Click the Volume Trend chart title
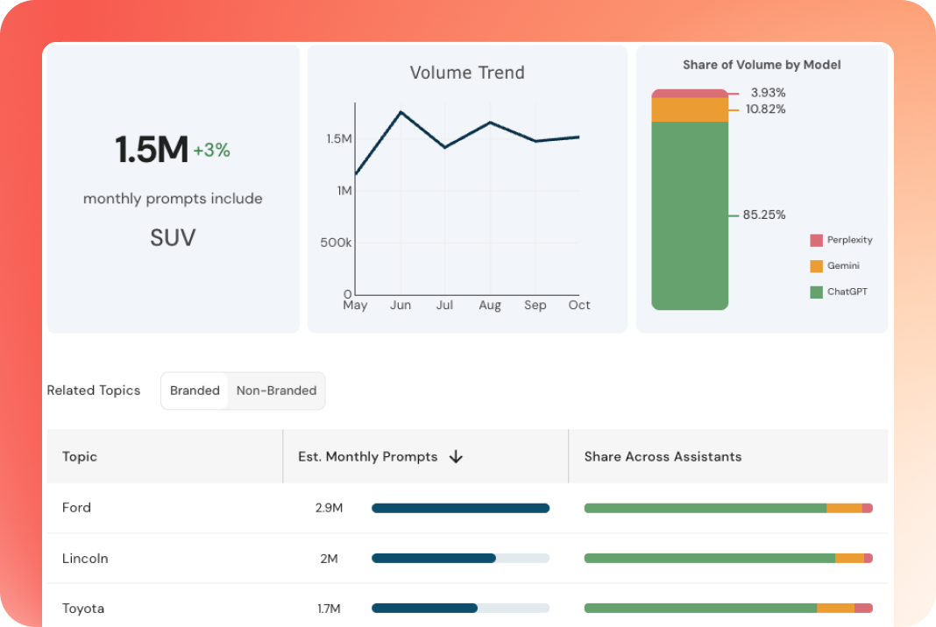point(467,73)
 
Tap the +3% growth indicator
point(211,151)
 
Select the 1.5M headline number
point(152,151)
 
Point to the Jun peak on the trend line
point(401,112)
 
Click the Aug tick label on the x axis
point(490,306)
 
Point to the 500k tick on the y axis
point(335,243)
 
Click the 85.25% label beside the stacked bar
point(763,215)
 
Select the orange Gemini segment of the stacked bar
point(690,109)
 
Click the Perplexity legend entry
point(841,240)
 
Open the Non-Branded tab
point(276,391)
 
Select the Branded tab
point(195,391)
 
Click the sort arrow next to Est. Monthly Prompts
point(455,456)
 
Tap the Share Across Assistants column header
point(663,456)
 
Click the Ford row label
point(76,508)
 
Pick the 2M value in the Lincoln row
point(329,559)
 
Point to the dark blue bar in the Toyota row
point(425,608)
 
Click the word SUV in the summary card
point(173,237)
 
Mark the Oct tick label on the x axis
point(579,306)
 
